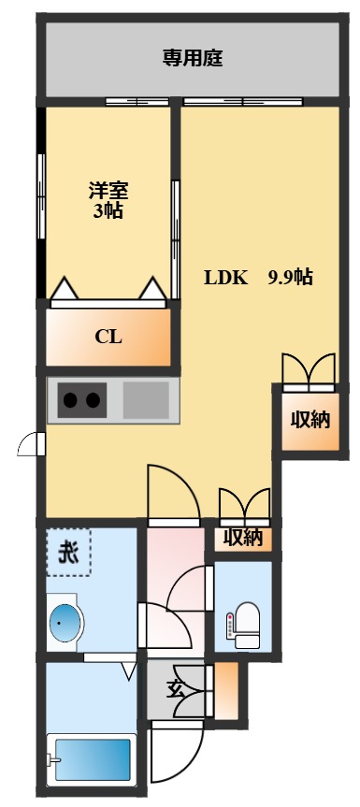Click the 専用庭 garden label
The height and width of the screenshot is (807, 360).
tap(191, 59)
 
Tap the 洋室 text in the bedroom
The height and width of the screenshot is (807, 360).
tap(108, 190)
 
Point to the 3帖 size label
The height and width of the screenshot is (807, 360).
tap(108, 210)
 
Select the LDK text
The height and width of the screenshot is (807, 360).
tap(225, 278)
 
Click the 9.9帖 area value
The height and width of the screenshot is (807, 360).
tap(290, 278)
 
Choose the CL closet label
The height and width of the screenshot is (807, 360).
tap(108, 338)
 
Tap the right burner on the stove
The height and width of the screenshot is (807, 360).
tap(93, 401)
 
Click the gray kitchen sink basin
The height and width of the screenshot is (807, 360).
tap(145, 400)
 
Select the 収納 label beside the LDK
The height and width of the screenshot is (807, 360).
tap(308, 419)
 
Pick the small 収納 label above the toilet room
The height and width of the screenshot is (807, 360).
tap(241, 539)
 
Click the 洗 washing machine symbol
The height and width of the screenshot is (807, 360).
tap(69, 553)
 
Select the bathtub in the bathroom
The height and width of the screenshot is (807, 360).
tap(92, 758)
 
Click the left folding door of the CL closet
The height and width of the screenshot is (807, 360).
tap(65, 290)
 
